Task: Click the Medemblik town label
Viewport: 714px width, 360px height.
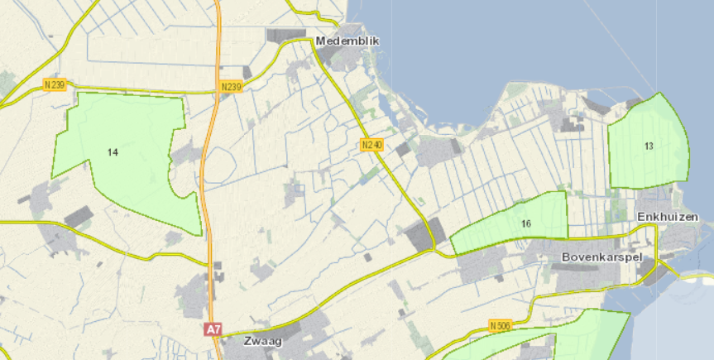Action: [338, 40]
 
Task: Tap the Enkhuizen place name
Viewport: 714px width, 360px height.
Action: [663, 216]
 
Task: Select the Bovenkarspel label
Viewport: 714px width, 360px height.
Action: [601, 257]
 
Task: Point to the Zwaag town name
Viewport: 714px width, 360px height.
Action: [263, 340]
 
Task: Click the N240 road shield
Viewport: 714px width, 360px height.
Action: [372, 145]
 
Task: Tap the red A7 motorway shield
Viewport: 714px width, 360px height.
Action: [213, 329]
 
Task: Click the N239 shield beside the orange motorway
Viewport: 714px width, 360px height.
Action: [231, 87]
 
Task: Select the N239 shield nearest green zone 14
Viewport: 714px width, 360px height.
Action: [55, 84]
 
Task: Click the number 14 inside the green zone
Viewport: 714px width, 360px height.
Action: [113, 152]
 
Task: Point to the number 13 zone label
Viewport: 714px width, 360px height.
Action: [649, 146]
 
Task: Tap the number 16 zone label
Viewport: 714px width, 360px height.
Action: [526, 223]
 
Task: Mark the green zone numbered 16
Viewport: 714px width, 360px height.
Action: [538, 215]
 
